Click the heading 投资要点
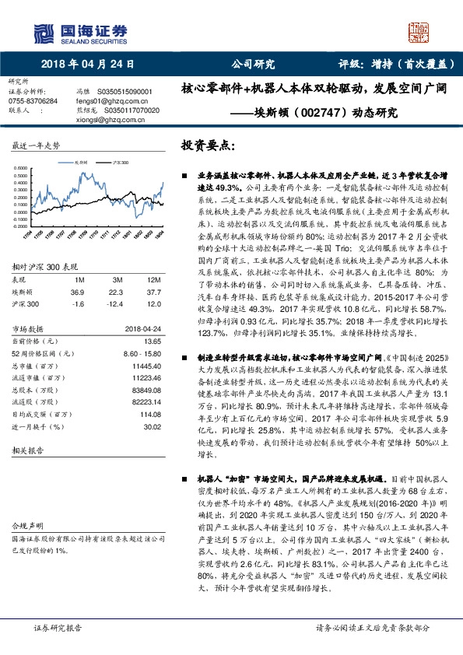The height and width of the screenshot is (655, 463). pyautogui.click(x=207, y=145)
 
